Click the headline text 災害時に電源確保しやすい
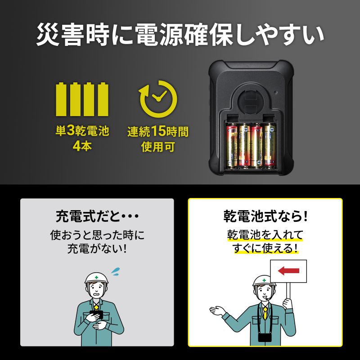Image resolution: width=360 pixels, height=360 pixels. click(x=180, y=35)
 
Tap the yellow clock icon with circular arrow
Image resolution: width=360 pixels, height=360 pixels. click(x=157, y=98)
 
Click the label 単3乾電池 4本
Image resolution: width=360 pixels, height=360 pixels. click(x=82, y=138)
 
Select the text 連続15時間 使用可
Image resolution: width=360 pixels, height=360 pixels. click(x=157, y=138)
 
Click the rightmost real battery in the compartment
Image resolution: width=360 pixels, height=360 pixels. click(x=270, y=147)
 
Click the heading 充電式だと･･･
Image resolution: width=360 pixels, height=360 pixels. click(x=97, y=216)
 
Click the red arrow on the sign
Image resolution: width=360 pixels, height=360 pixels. click(x=288, y=271)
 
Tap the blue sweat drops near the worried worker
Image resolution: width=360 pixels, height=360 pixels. click(x=116, y=271)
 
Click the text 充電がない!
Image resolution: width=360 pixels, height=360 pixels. click(x=97, y=248)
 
